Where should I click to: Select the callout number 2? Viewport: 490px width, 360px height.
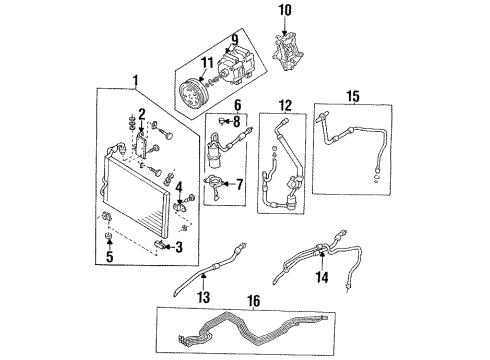(142, 113)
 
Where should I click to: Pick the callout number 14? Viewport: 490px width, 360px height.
(321, 279)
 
